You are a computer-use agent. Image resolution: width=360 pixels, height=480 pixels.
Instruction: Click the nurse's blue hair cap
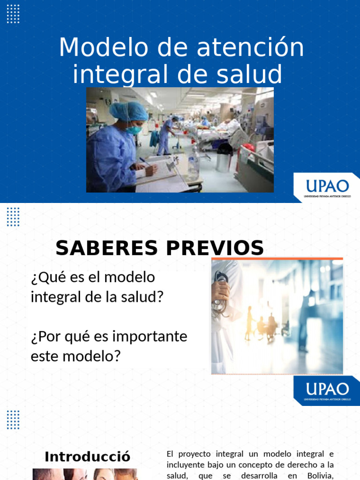(x=128, y=111)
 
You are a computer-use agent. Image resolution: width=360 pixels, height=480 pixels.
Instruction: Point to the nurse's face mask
(x=134, y=129)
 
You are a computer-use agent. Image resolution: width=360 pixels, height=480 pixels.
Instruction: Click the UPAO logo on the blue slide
(x=327, y=187)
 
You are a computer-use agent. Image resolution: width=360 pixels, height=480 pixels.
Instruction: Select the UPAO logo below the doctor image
(x=327, y=390)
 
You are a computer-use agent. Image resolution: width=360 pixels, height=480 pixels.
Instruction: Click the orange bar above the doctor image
(x=277, y=258)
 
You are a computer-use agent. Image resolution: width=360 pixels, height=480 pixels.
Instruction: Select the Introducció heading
(x=87, y=457)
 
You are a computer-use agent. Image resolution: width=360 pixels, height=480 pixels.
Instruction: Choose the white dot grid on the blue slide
(x=13, y=14)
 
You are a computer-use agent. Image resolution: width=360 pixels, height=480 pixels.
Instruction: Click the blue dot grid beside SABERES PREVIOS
(x=13, y=217)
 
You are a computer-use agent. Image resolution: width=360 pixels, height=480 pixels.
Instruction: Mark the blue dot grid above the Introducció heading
(x=13, y=420)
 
